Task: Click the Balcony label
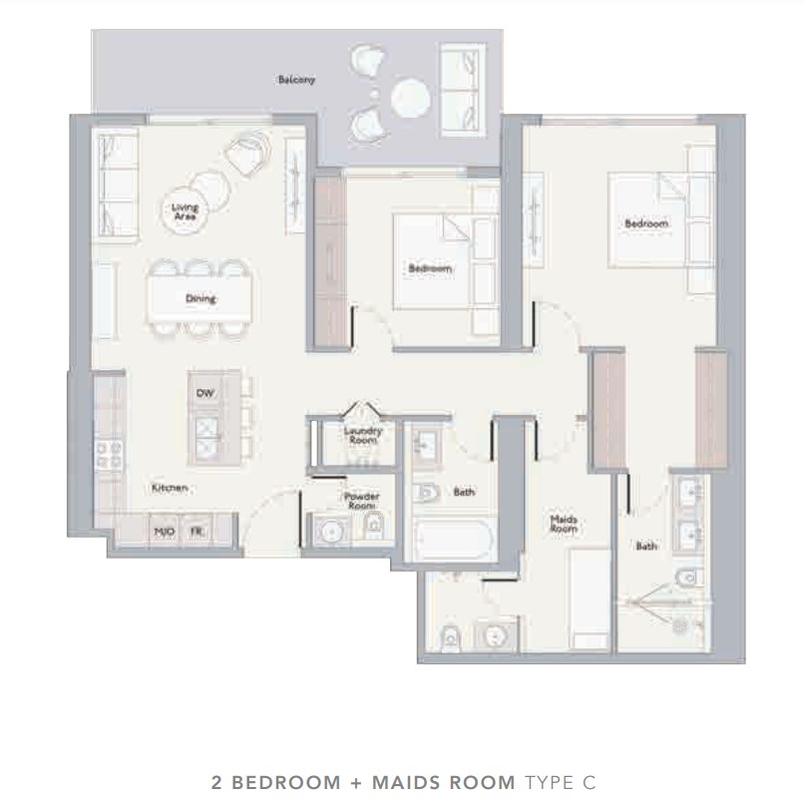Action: [x=296, y=80]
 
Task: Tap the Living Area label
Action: [x=185, y=211]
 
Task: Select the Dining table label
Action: [x=201, y=298]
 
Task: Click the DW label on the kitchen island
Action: [x=205, y=393]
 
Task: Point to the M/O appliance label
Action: [x=165, y=532]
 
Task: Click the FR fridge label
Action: [x=197, y=532]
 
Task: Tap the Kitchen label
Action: [x=170, y=488]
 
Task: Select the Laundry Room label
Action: [x=363, y=435]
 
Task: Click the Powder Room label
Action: [x=361, y=501]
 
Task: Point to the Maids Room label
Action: [x=564, y=524]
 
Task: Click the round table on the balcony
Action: [x=410, y=98]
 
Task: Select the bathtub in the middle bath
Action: [x=453, y=540]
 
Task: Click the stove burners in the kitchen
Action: [x=110, y=456]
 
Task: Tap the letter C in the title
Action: [x=589, y=782]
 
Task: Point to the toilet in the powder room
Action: [x=374, y=525]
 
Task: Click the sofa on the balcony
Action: [x=463, y=91]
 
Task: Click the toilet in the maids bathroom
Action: [x=451, y=638]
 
